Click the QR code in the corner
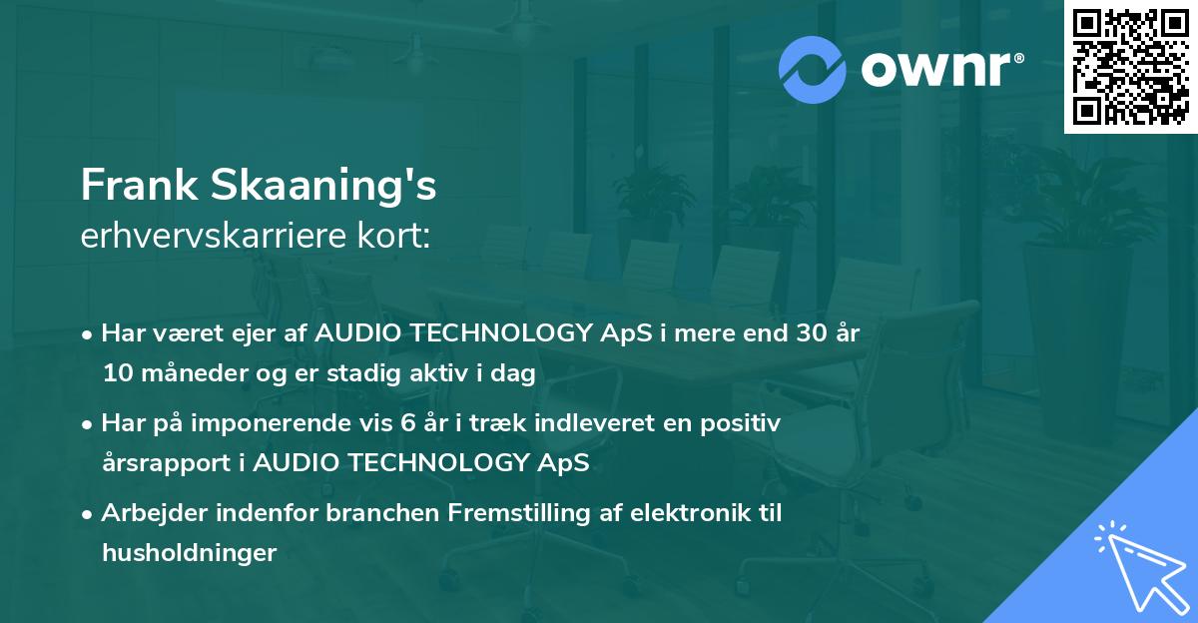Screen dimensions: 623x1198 [x=1130, y=67]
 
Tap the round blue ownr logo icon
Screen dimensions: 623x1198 [x=813, y=70]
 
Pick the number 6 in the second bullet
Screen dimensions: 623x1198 [x=407, y=423]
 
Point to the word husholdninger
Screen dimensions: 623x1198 [x=189, y=553]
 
